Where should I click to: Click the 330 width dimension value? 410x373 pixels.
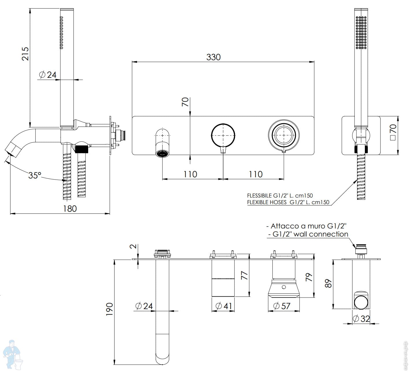point(213,57)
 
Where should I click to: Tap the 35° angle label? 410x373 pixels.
point(34,175)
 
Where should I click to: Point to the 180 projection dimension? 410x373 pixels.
point(70,208)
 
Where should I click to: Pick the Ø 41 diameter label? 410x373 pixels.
point(224,306)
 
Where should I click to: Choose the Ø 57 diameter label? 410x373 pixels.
point(282,306)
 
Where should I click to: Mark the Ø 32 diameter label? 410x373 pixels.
point(361,319)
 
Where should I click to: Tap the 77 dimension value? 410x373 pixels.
point(245,275)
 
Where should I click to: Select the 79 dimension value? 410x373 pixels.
point(309,277)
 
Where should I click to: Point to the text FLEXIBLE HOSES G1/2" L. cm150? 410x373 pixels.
point(288,202)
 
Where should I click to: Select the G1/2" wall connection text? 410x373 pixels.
point(310,234)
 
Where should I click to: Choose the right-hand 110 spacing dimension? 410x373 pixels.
point(256,174)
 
